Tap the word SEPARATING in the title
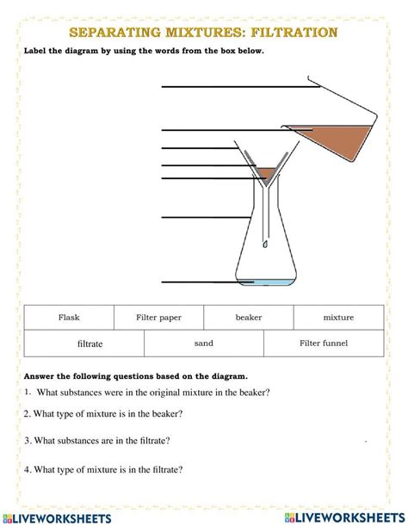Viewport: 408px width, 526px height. tap(111, 34)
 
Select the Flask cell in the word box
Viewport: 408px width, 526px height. tap(69, 317)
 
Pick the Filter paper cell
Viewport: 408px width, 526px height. tap(159, 317)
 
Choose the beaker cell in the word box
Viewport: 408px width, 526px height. tap(249, 317)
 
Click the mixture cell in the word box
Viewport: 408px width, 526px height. tap(338, 317)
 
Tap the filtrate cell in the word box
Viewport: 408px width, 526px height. tap(90, 343)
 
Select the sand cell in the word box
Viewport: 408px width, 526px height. tap(203, 343)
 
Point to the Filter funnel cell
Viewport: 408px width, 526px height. tap(324, 343)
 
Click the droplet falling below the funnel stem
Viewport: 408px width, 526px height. tap(265, 244)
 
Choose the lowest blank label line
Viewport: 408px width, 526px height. tap(198, 282)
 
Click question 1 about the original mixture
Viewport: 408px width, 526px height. tap(147, 392)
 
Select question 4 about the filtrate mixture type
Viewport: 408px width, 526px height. tap(102, 469)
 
